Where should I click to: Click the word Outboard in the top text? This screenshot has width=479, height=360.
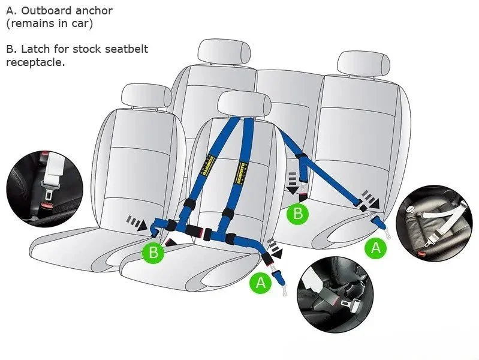(44, 11)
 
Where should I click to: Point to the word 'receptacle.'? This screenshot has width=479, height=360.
(35, 62)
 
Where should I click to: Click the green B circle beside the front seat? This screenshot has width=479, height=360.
(153, 253)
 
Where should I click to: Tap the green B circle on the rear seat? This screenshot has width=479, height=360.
(297, 213)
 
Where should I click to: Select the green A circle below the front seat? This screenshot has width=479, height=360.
(260, 282)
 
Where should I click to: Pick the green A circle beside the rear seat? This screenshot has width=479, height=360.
(376, 247)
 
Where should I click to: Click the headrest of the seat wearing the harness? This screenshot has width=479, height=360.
(243, 104)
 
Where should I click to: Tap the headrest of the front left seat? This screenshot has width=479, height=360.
(146, 96)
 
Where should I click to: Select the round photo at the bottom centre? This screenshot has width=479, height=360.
(336, 296)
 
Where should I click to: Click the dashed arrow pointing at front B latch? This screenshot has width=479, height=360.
(137, 223)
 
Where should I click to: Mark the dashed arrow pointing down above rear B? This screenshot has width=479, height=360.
(292, 181)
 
